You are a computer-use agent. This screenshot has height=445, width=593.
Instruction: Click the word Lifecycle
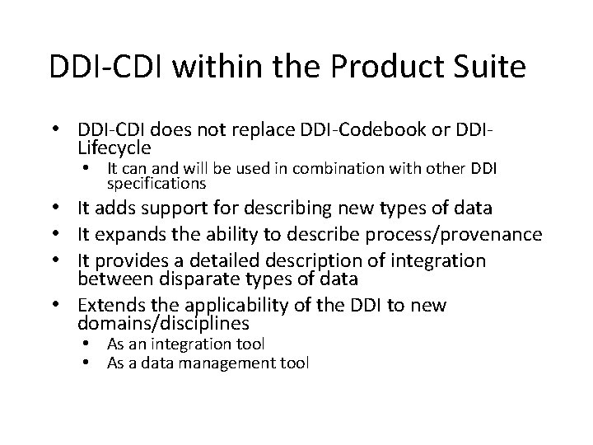pos(114,148)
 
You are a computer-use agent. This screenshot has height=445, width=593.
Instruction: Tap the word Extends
pos(107,306)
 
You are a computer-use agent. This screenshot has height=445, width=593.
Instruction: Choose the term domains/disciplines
pos(163,324)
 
